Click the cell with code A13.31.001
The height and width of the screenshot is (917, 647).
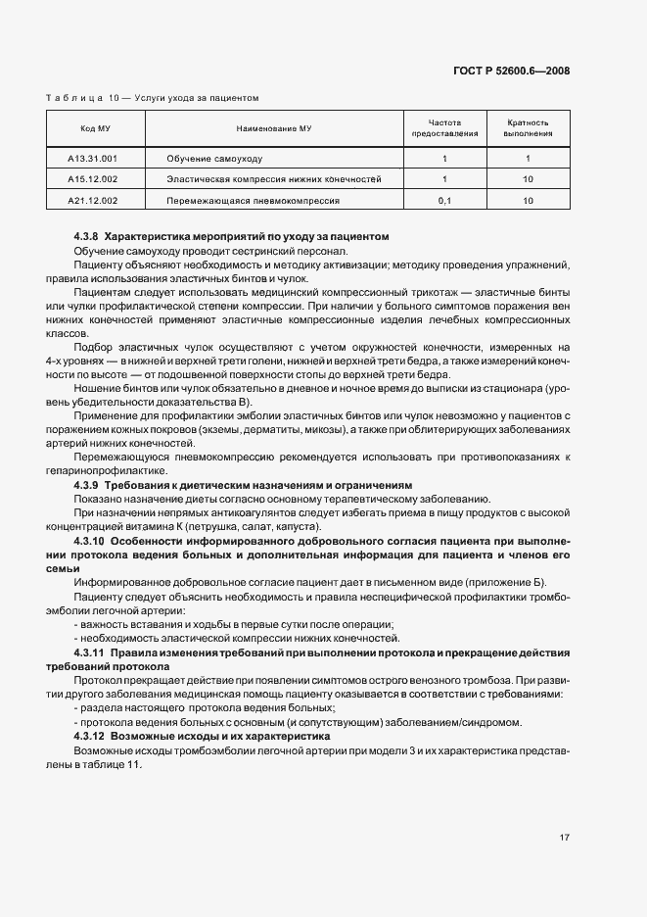93,158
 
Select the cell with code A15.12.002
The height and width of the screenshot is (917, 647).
93,179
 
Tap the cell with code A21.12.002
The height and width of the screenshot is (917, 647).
93,200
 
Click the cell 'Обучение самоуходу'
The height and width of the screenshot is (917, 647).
214,158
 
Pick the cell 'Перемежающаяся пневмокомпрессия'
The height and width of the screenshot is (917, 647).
253,200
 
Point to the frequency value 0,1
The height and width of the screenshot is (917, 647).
444,200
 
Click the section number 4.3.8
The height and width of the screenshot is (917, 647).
86,237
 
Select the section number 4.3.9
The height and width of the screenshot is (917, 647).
86,485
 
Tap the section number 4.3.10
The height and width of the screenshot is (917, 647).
89,540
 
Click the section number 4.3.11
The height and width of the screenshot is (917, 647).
89,652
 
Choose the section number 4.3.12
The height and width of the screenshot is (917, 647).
89,735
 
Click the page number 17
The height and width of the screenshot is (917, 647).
565,838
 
